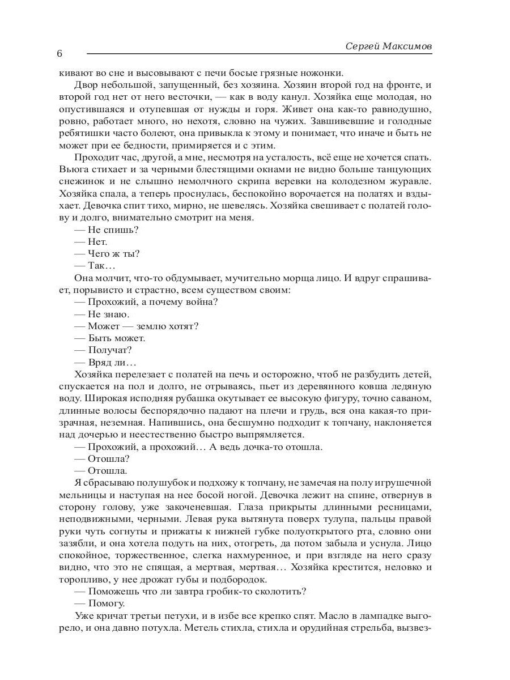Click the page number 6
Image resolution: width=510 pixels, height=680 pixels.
[x=59, y=54]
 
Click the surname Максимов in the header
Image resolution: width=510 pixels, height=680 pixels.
[x=405, y=45]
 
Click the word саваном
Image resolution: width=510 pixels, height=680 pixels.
[x=413, y=398]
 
